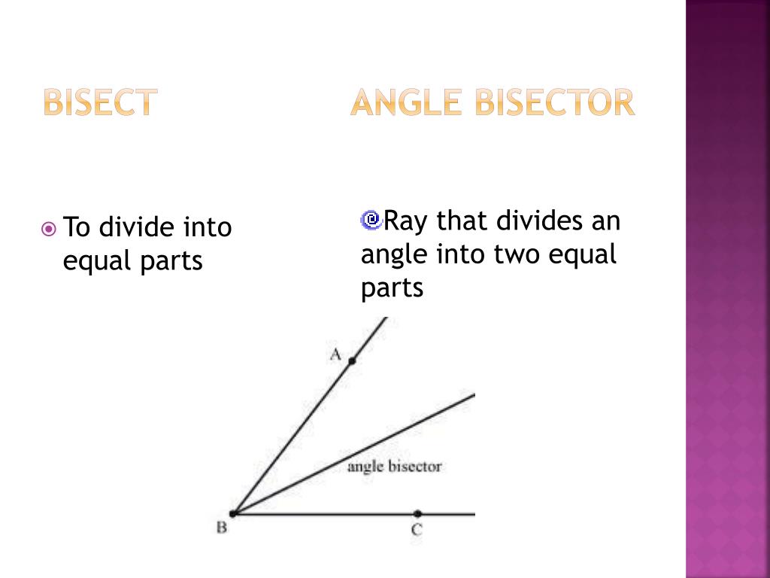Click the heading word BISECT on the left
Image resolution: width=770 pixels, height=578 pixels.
point(100,102)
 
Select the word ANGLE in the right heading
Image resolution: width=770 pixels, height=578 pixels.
point(406,102)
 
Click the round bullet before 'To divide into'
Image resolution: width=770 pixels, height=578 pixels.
point(49,227)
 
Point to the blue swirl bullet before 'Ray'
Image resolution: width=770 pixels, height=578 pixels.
point(371,220)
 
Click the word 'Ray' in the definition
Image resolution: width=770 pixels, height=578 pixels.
point(406,222)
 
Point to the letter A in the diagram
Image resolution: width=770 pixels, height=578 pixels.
point(335,354)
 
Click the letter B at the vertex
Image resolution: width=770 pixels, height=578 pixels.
point(222,528)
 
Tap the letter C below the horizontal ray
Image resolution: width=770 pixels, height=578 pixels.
point(417,530)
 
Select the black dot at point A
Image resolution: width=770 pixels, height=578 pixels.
point(351,361)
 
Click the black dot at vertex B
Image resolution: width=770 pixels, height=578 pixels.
point(233,513)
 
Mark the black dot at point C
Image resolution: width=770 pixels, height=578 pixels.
point(417,513)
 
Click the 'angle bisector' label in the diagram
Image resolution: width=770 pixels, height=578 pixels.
point(394,467)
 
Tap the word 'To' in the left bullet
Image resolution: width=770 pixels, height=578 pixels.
point(77,227)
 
